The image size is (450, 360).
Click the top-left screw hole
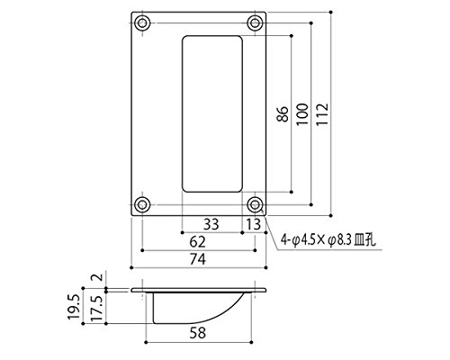coord(142,23)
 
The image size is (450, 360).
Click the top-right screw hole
coord(255,23)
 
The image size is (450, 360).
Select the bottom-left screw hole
coord(142,205)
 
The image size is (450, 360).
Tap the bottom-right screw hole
coord(255,205)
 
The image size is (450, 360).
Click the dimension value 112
coord(322,114)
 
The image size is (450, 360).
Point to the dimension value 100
coord(302,114)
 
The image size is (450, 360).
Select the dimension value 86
coord(283,114)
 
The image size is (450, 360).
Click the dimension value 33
coord(211,224)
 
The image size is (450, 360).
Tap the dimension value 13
coord(254,224)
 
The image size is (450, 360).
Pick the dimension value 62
coord(197,242)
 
